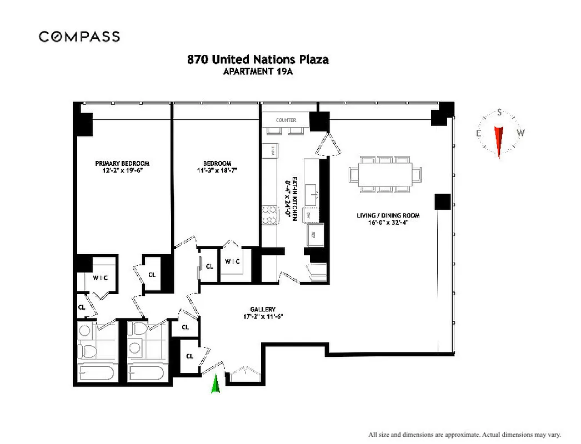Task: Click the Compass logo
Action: (x=79, y=37)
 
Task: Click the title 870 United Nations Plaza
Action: (x=258, y=59)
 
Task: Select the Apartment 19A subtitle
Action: (x=258, y=71)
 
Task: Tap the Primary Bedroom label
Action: (x=122, y=163)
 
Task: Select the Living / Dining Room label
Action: (x=388, y=215)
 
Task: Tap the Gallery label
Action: (x=263, y=310)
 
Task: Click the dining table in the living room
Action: (x=385, y=174)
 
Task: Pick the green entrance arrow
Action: (x=216, y=384)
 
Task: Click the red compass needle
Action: (x=499, y=140)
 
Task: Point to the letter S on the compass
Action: (x=499, y=113)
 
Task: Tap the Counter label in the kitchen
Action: (x=286, y=120)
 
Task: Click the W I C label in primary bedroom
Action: (x=100, y=277)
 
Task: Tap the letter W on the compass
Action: (x=520, y=133)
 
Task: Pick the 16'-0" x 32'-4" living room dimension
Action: (x=388, y=223)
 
